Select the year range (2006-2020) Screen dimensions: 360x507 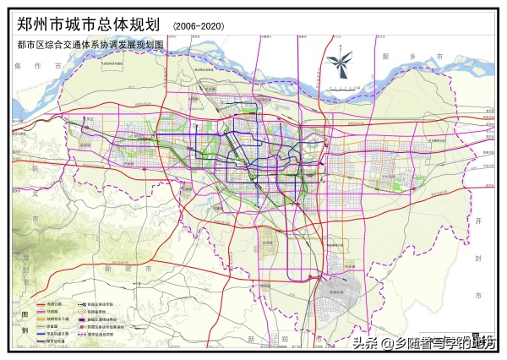[199, 27]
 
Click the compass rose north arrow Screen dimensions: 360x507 [341, 64]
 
